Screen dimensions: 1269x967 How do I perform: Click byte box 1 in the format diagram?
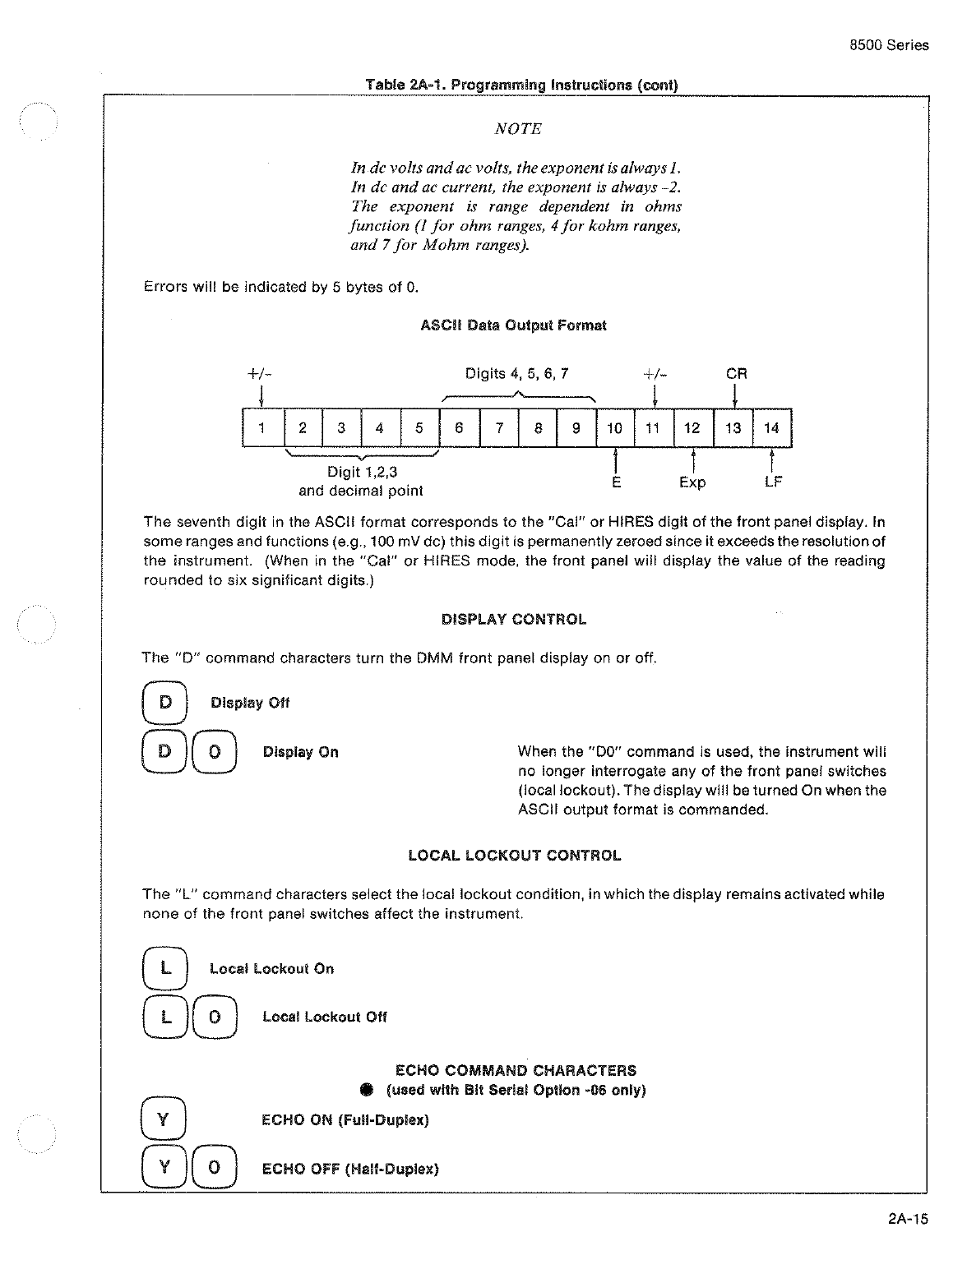tap(262, 427)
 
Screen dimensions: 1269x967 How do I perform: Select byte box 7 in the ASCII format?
tap(499, 427)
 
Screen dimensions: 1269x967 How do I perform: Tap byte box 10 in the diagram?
tap(615, 427)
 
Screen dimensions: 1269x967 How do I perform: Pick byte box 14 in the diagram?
tap(772, 427)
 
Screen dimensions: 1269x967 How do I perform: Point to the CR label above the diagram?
tap(737, 373)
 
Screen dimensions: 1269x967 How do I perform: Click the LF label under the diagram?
tap(772, 482)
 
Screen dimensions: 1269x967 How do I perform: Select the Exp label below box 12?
tap(692, 482)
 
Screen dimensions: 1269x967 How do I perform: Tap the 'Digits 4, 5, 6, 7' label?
tap(517, 374)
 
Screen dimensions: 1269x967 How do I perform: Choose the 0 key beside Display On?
tap(215, 752)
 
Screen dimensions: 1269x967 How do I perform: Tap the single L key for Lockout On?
tap(164, 968)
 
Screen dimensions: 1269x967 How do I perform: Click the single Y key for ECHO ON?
tap(164, 1119)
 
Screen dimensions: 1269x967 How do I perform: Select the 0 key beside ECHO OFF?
tap(215, 1168)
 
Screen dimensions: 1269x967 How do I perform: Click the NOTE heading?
tap(518, 129)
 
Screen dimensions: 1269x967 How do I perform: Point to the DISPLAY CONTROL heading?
tap(514, 620)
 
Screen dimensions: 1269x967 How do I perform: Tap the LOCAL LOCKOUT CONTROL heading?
tap(515, 856)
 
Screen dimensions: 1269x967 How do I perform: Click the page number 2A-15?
tap(908, 1219)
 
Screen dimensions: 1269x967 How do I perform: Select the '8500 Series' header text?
tap(889, 45)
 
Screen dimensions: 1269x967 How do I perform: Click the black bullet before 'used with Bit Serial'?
tap(367, 1090)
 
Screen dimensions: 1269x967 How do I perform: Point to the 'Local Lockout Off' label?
tap(325, 1017)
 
